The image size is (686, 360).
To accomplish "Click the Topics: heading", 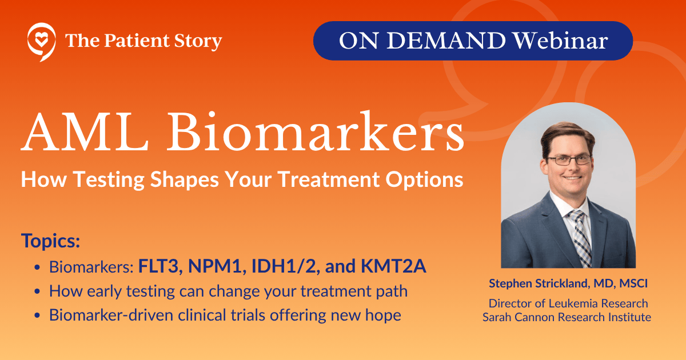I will click(x=51, y=241).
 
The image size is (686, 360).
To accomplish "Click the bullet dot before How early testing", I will click(x=37, y=292).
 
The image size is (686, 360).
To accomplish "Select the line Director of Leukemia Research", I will click(x=568, y=303).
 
